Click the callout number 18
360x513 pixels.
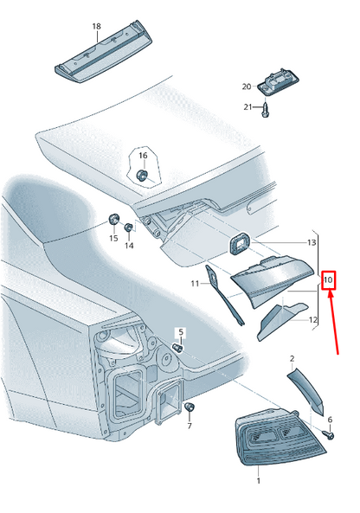tap(97, 26)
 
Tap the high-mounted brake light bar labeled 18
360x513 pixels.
tap(104, 52)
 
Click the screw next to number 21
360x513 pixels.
tap(265, 110)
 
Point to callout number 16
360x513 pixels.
tap(143, 156)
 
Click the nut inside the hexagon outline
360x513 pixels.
tap(142, 175)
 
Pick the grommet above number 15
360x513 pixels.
tap(114, 219)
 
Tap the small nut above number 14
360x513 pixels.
tap(129, 227)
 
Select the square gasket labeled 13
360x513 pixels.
tap(239, 243)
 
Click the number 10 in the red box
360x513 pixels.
tap(328, 280)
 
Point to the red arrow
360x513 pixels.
tap(333, 323)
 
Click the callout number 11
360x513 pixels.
tap(195, 283)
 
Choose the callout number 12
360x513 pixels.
tap(313, 319)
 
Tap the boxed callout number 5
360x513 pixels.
tap(182, 332)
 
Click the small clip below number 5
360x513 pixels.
tap(178, 348)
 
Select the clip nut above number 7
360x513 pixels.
tap(190, 407)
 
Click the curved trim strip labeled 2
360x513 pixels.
tap(306, 390)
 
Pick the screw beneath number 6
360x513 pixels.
tap(329, 434)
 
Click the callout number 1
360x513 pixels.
tap(258, 481)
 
